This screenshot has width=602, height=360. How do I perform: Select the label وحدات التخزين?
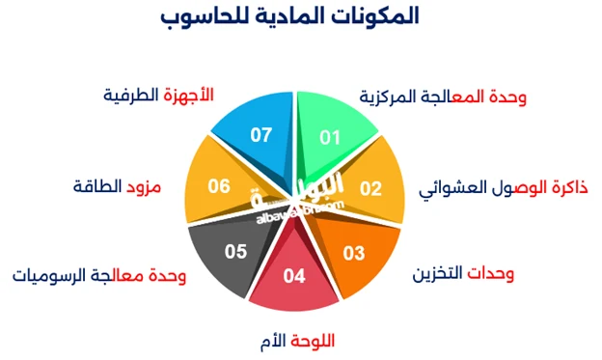[x=464, y=275]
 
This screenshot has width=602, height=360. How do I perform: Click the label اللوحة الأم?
[x=299, y=340]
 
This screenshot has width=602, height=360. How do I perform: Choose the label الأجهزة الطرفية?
[x=156, y=96]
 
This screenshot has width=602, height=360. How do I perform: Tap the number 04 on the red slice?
[x=294, y=276]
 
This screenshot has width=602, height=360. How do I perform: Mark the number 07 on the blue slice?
[x=260, y=135]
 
